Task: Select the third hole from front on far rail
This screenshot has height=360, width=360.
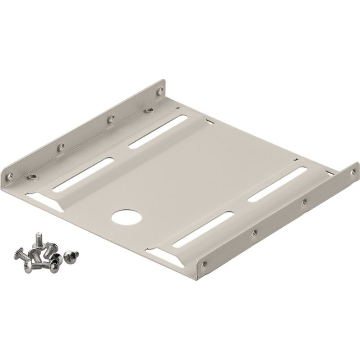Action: point(110,119)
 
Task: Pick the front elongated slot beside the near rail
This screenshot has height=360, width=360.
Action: point(202,229)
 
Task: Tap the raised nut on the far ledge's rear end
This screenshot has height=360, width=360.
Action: point(148,110)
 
